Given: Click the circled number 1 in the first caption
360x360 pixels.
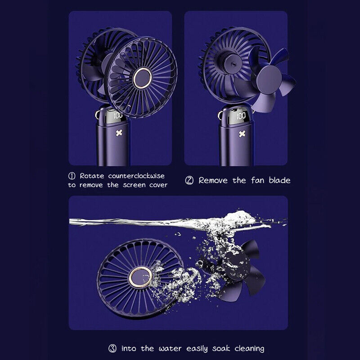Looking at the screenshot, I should pyautogui.click(x=72, y=175).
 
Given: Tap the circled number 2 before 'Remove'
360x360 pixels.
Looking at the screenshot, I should pyautogui.click(x=189, y=180).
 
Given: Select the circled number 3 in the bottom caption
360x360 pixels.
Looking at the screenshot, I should pyautogui.click(x=112, y=348).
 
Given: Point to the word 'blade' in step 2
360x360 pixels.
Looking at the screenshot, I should pyautogui.click(x=280, y=180).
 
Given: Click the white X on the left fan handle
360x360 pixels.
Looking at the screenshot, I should pyautogui.click(x=119, y=133).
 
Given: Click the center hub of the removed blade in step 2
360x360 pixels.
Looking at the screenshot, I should pyautogui.click(x=270, y=81).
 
